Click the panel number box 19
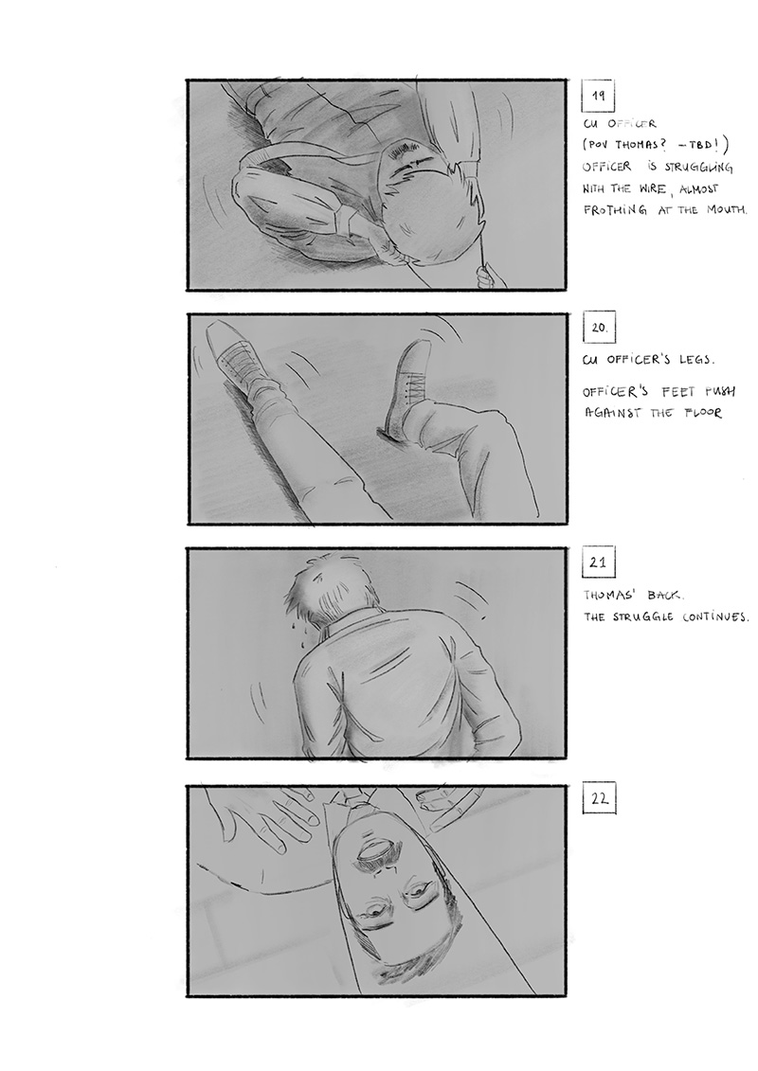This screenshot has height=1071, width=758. pos(597,96)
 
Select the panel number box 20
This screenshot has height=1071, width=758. pos(599,328)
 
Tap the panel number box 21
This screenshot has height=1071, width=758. pos(598,562)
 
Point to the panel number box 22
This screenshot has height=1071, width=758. pos(600,798)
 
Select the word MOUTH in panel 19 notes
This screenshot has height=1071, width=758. pos(727,209)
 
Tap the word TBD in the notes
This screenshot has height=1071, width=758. pos(695,145)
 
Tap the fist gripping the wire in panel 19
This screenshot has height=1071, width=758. pos(488,277)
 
